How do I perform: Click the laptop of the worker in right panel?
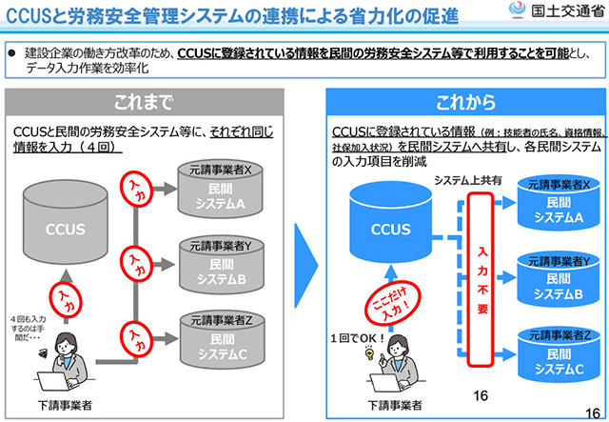click(x=383, y=382)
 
